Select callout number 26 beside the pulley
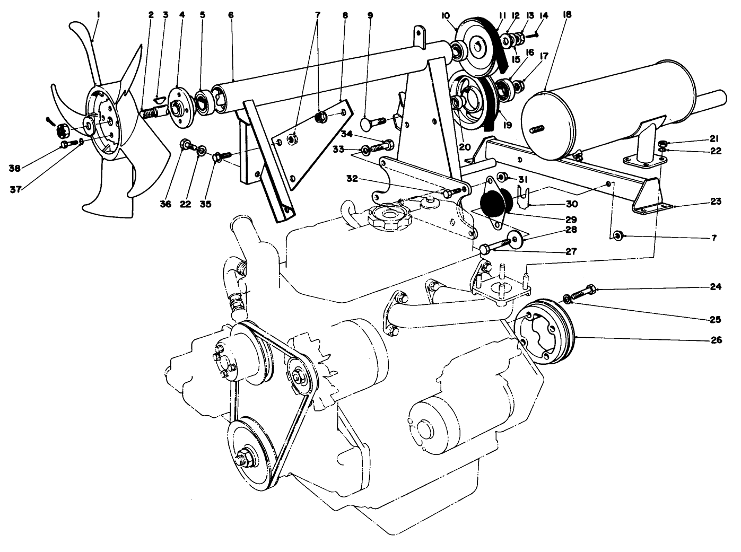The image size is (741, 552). pos(716,340)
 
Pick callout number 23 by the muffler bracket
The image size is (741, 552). pos(716,201)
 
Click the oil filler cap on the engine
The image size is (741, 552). pos(387,217)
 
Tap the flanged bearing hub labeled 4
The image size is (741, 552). pos(179,107)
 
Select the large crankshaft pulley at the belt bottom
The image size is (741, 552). pos(247,454)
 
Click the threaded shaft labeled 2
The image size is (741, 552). pos(151,113)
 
